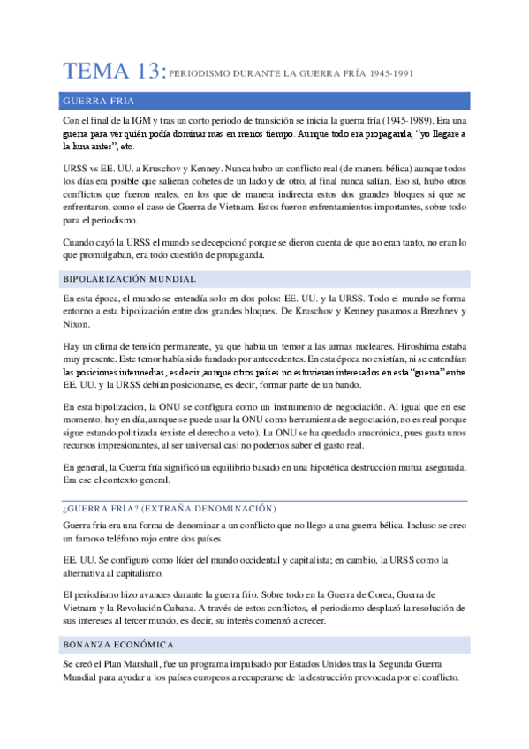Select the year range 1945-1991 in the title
[x=392, y=75]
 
